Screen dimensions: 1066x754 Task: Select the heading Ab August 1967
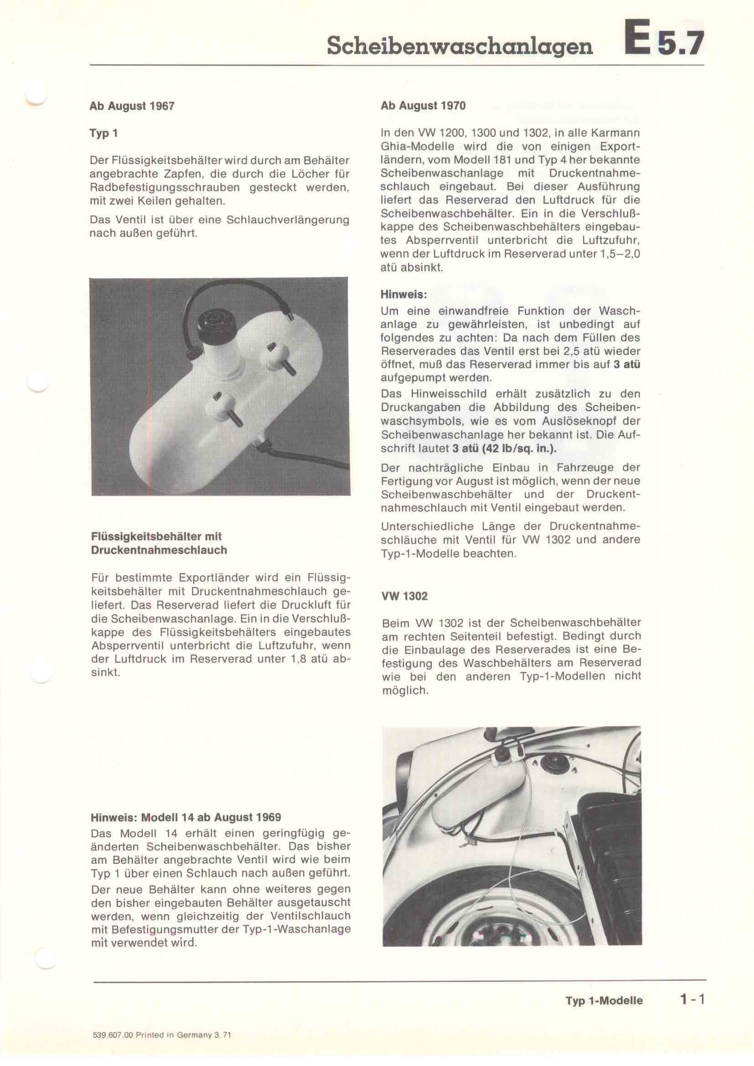132,106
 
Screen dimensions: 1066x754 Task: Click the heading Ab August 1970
423,106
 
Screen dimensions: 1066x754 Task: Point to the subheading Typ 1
103,134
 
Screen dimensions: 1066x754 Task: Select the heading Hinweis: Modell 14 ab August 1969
186,817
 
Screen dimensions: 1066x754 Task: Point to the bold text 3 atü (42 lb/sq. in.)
504,449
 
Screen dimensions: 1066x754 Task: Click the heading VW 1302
404,596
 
